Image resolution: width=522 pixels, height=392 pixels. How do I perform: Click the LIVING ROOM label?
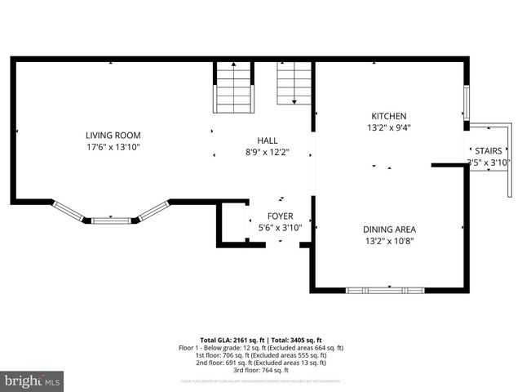(113, 136)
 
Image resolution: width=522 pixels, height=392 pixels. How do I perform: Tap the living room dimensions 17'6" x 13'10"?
(113, 147)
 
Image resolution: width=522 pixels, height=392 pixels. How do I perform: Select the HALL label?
(268, 140)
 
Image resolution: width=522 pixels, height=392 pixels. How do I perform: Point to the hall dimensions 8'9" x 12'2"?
(268, 152)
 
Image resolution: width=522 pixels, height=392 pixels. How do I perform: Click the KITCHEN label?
(388, 116)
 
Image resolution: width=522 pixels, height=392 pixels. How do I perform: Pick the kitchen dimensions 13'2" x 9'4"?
(388, 127)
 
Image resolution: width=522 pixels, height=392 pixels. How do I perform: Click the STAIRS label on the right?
(488, 151)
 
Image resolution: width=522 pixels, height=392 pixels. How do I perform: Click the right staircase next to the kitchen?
(294, 84)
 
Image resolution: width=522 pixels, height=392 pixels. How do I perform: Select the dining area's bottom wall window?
(385, 290)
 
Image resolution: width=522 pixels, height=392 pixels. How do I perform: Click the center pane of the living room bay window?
(111, 220)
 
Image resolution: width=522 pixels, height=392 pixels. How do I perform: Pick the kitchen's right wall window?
(467, 103)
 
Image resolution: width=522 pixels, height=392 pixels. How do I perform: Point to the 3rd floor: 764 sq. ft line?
(261, 369)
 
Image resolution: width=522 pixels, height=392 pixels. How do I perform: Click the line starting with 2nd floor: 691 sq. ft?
(261, 363)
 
